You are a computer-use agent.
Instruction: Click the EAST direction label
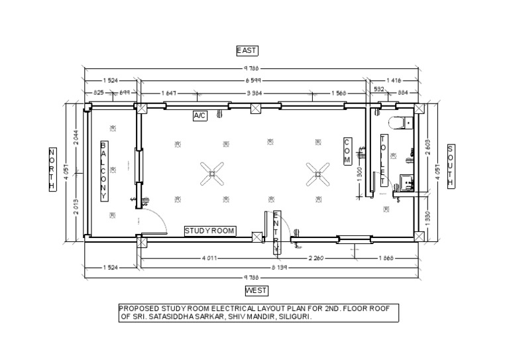click(x=247, y=50)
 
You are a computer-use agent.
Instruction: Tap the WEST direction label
click(x=256, y=290)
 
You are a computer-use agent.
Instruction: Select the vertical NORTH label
click(x=52, y=170)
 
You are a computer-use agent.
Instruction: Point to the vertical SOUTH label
click(x=451, y=166)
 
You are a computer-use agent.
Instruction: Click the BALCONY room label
click(x=103, y=170)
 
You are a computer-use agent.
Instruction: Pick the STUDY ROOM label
click(x=210, y=231)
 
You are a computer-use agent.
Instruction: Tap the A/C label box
click(x=200, y=116)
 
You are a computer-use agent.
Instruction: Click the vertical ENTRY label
click(x=277, y=232)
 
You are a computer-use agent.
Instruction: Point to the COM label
click(x=347, y=151)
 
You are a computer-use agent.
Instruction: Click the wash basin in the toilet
click(x=406, y=181)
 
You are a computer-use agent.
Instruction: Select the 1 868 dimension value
click(x=387, y=257)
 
